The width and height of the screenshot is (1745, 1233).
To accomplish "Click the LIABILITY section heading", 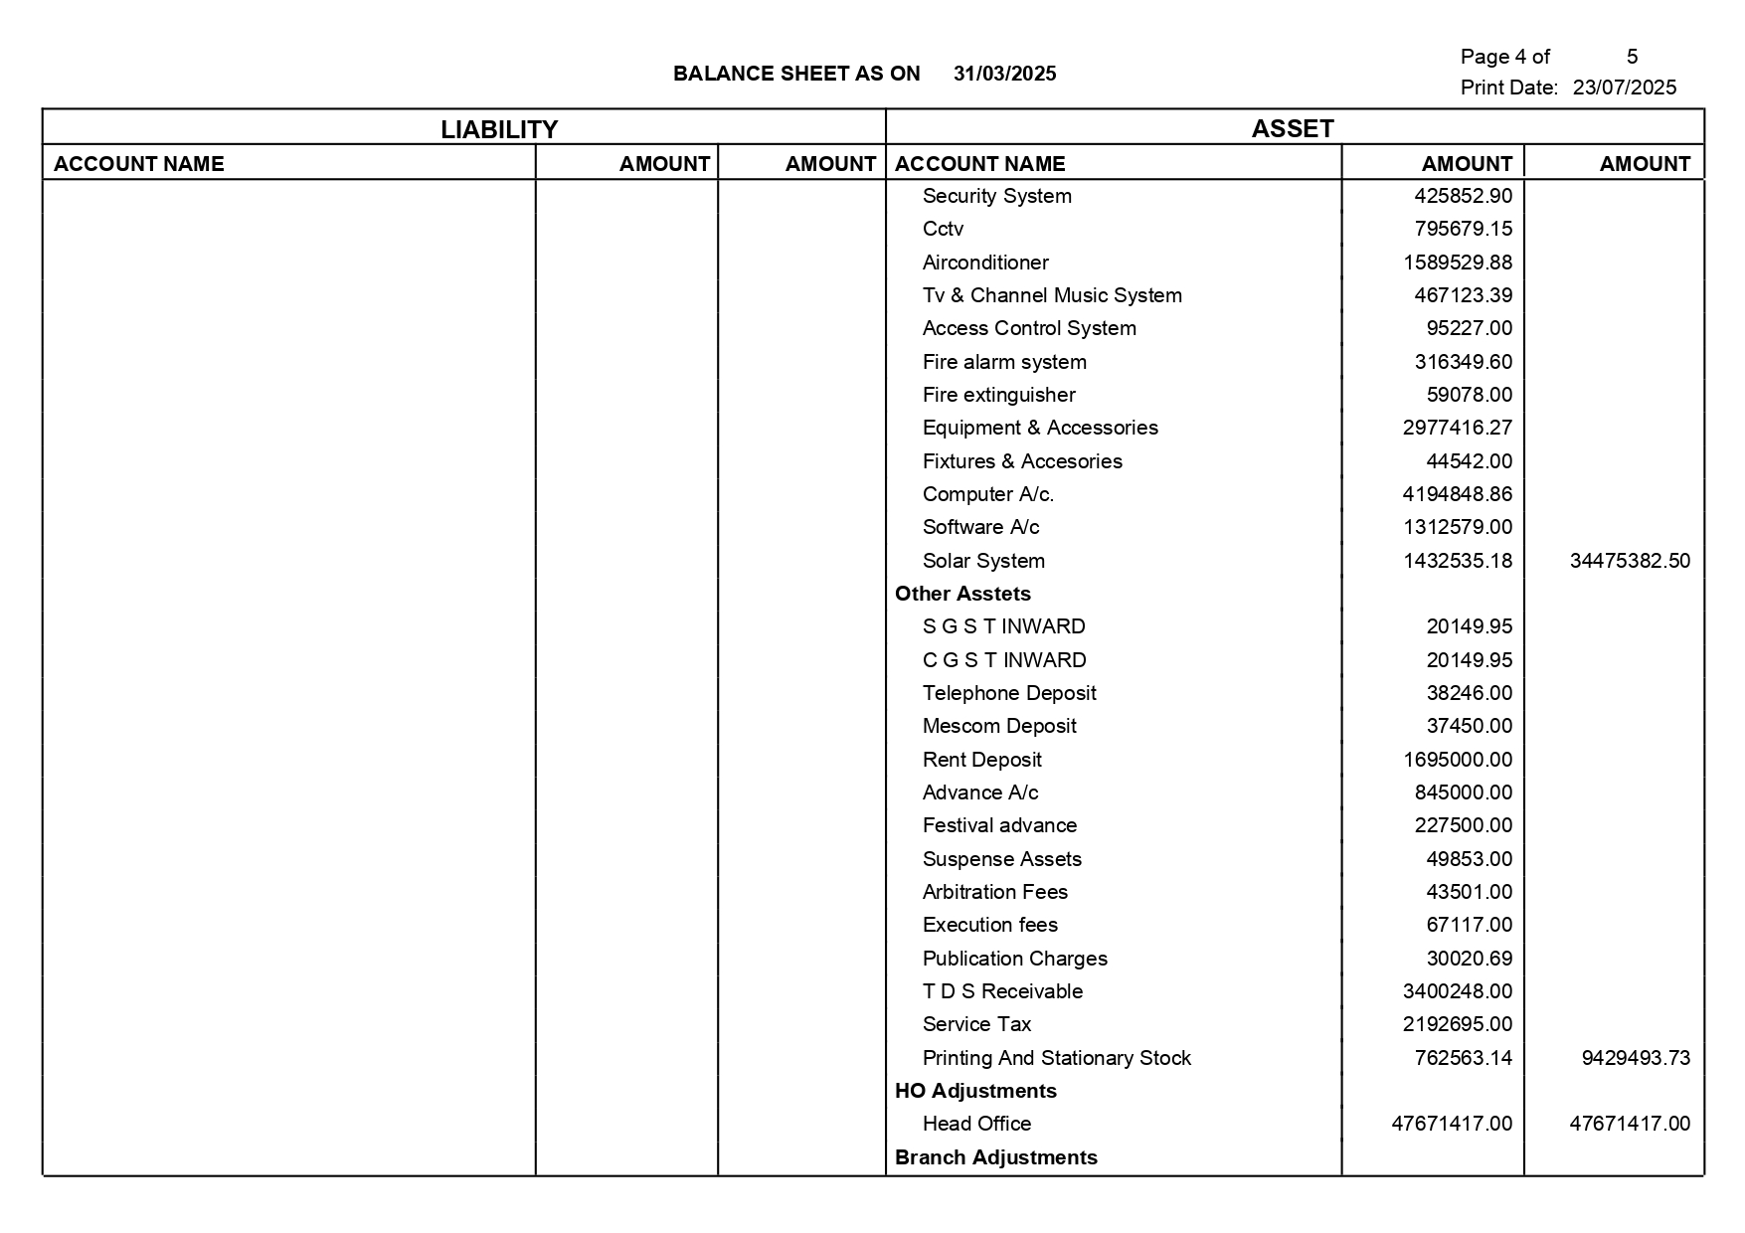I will coord(499,129).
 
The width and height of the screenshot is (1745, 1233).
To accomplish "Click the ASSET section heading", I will coord(1292,128).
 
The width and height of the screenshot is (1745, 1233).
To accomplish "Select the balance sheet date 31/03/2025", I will coord(1004,74).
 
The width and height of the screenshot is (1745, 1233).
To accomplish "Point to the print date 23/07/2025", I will coord(1624,88).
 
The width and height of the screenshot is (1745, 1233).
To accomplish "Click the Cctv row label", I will coord(943,229).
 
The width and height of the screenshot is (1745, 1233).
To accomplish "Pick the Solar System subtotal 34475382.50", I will coord(1629,561).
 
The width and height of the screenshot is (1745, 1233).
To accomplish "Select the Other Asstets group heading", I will coord(962,594).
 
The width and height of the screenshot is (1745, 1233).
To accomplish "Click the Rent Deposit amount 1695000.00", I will coord(1457,760).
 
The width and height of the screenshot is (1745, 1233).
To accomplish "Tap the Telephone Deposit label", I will coord(1008,693).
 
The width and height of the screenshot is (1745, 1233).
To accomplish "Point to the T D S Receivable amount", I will coord(1457,991).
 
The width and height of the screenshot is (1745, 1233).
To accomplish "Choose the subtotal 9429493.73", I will coord(1635,1058).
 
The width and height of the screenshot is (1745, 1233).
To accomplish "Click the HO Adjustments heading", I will coord(974,1091).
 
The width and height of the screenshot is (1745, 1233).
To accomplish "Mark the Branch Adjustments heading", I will coord(995,1157).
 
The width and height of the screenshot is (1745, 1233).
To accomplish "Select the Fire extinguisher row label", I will coord(998,395).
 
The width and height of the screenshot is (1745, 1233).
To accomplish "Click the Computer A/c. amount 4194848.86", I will coord(1457,494).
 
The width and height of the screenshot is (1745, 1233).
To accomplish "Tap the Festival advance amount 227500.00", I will coord(1463,825).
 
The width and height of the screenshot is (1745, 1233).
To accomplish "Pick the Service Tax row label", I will coord(976,1024).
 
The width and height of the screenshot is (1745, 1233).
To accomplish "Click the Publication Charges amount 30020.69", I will coord(1469,959).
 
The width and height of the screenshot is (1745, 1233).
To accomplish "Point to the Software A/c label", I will coord(980,527).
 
